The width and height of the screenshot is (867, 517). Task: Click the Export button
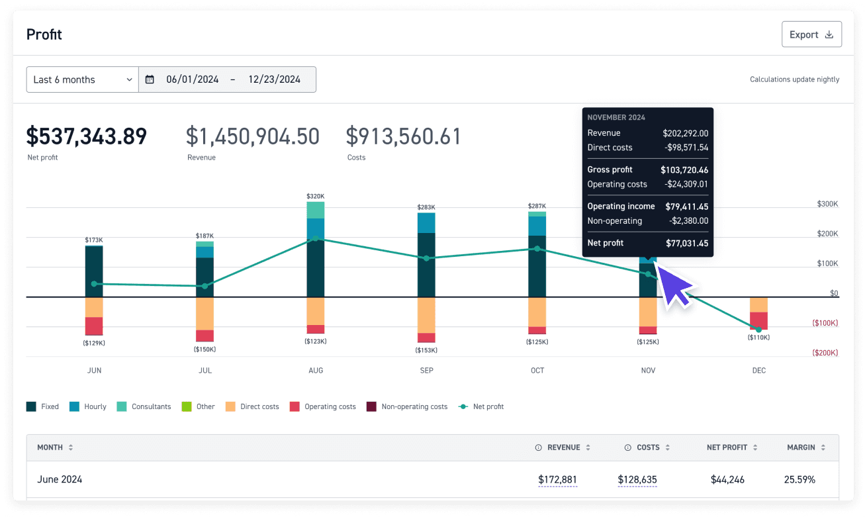click(x=811, y=34)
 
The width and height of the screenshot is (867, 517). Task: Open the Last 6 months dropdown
click(x=82, y=79)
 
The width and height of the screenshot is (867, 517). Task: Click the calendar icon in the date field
click(x=150, y=79)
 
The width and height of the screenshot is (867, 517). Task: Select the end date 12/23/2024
click(x=274, y=79)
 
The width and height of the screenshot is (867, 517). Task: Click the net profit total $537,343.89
click(x=87, y=136)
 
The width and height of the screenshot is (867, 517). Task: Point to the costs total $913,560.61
click(x=403, y=136)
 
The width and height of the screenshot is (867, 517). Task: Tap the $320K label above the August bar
click(x=316, y=196)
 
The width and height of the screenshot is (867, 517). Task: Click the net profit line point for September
click(x=426, y=258)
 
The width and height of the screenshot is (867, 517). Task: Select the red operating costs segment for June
click(x=94, y=326)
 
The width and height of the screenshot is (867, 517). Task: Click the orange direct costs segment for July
click(x=205, y=313)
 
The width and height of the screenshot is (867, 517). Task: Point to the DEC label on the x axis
click(x=758, y=371)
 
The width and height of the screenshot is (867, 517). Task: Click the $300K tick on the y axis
click(x=827, y=205)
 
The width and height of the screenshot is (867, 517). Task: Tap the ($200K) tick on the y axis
click(x=825, y=353)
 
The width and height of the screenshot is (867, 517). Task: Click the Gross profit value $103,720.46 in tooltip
click(x=684, y=170)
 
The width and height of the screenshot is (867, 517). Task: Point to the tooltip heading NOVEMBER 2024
click(x=616, y=117)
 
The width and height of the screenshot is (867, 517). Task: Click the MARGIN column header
click(x=801, y=447)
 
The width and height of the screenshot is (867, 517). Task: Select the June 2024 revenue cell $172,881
click(x=558, y=479)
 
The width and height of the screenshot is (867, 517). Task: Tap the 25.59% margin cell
click(x=800, y=479)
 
